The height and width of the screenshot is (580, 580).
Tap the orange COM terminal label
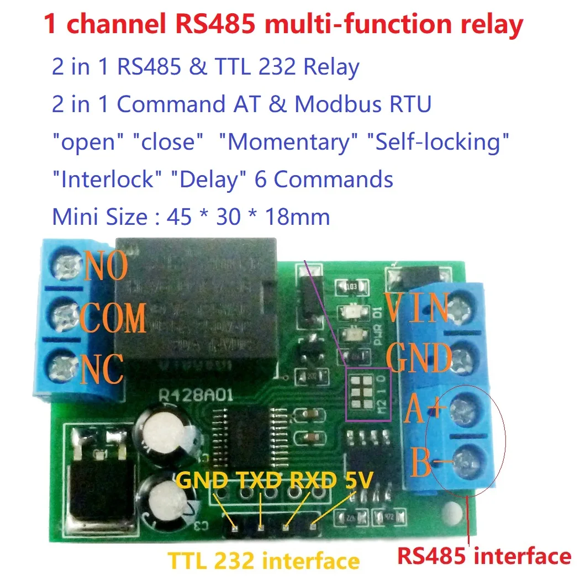click(x=113, y=318)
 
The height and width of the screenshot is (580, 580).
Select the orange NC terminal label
click(x=102, y=369)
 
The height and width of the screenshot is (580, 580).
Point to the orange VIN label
click(x=417, y=308)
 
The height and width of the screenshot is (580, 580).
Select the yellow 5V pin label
click(x=357, y=480)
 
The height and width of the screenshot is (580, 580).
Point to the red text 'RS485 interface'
click(x=484, y=555)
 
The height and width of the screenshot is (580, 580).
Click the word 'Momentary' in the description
click(x=289, y=142)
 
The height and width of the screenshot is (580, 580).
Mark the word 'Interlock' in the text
click(x=102, y=180)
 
